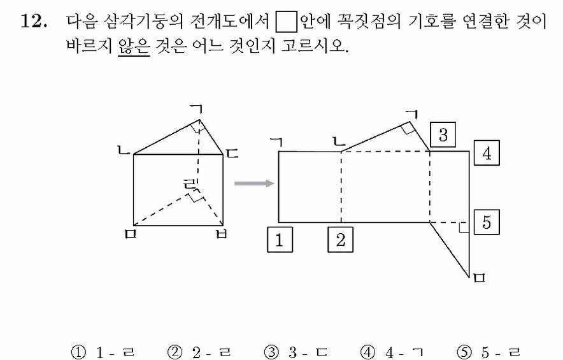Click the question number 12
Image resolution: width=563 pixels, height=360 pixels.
click(34, 21)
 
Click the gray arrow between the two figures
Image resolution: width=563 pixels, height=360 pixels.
click(254, 184)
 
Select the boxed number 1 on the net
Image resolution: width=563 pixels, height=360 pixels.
click(280, 240)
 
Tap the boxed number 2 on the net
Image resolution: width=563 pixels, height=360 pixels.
click(340, 240)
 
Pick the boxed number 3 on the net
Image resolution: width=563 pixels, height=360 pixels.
click(443, 134)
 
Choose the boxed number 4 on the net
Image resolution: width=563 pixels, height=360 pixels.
click(487, 153)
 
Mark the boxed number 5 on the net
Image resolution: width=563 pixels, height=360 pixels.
click(487, 222)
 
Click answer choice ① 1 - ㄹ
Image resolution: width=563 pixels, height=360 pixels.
click(103, 352)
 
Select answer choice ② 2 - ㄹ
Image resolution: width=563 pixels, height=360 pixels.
click(199, 352)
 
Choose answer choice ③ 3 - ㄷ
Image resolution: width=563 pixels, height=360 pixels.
click(296, 352)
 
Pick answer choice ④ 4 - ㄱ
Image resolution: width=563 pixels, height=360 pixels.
click(392, 352)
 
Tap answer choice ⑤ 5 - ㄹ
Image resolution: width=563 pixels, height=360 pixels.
click(488, 352)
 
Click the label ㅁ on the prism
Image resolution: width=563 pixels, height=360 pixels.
click(131, 234)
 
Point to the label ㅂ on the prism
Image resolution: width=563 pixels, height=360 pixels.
click(222, 234)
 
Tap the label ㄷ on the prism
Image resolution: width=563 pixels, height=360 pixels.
click(232, 154)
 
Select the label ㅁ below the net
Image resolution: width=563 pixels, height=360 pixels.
click(480, 278)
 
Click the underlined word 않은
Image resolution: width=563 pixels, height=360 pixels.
click(134, 45)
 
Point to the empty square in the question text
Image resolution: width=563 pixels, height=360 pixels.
click(286, 21)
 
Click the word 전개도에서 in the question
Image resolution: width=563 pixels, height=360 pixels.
click(229, 21)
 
